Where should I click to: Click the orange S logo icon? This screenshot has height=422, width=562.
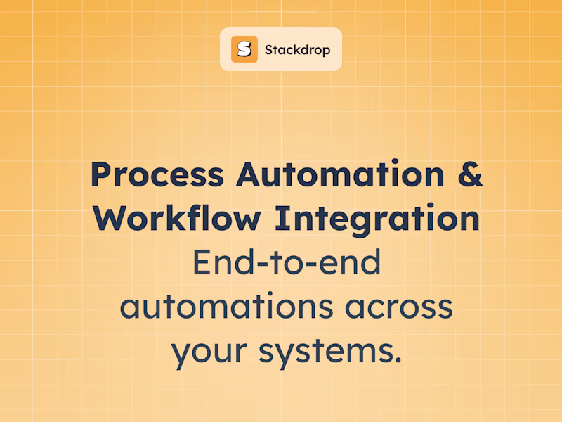tap(244, 49)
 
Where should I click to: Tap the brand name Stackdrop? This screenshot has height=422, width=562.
tap(297, 50)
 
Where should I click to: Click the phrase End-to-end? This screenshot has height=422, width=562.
tap(286, 263)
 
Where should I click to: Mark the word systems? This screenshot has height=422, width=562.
tap(323, 352)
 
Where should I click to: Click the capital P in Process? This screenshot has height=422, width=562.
tap(101, 174)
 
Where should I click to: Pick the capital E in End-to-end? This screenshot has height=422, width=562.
tap(202, 263)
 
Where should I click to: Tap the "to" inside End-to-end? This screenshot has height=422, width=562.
tap(291, 263)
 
